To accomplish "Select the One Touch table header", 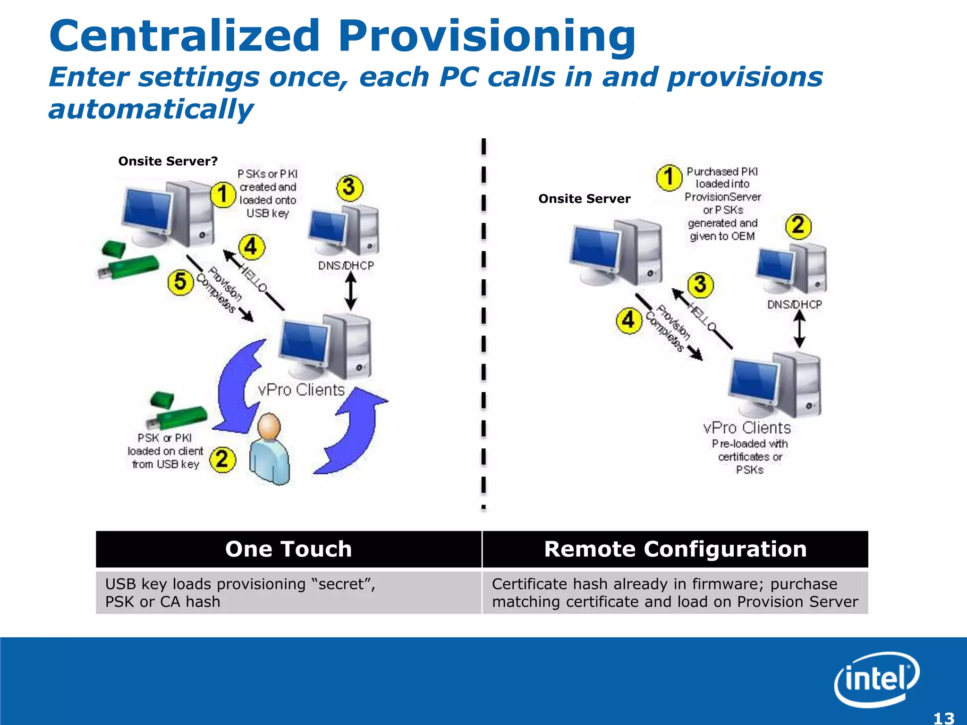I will pyautogui.click(x=288, y=549).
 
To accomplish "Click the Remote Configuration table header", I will pyautogui.click(x=675, y=549).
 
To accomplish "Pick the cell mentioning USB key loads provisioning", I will pyautogui.click(x=288, y=593).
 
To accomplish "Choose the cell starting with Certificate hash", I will pyautogui.click(x=675, y=593).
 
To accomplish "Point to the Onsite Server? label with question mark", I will pyautogui.click(x=168, y=161).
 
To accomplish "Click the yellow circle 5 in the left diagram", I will pyautogui.click(x=180, y=282).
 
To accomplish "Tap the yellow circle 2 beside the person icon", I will pyautogui.click(x=222, y=459).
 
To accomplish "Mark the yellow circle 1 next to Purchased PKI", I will pyautogui.click(x=669, y=177).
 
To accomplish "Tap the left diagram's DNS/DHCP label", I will pyautogui.click(x=346, y=266).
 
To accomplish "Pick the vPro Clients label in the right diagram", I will pyautogui.click(x=746, y=428).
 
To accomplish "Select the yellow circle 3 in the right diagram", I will pyautogui.click(x=700, y=285).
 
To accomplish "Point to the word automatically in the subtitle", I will pyautogui.click(x=151, y=110).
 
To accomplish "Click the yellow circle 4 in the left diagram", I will pyautogui.click(x=251, y=247).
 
